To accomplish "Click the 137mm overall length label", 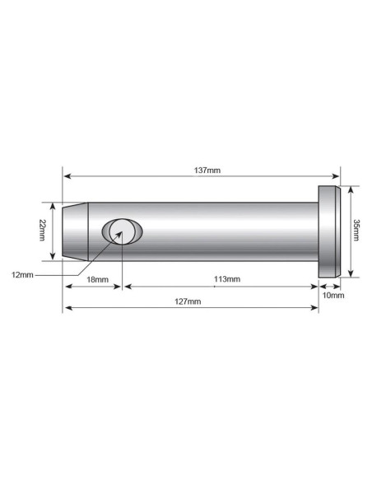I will [x=202, y=170].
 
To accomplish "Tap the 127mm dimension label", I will [x=188, y=302].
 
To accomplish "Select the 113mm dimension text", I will [x=226, y=280].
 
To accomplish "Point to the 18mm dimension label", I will [x=98, y=280].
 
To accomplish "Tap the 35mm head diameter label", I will [x=356, y=231].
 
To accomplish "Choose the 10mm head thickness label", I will [x=333, y=294].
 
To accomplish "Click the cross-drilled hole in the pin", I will [x=121, y=231].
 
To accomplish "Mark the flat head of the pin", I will [x=328, y=231].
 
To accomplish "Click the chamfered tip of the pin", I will [x=74, y=231].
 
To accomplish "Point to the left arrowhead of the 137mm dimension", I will [x=67, y=176].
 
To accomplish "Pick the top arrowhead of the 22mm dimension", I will [x=54, y=206].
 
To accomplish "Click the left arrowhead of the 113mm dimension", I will [x=125, y=287].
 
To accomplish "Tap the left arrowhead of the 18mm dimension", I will [x=67, y=287].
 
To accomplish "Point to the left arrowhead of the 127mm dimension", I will [x=67, y=308].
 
